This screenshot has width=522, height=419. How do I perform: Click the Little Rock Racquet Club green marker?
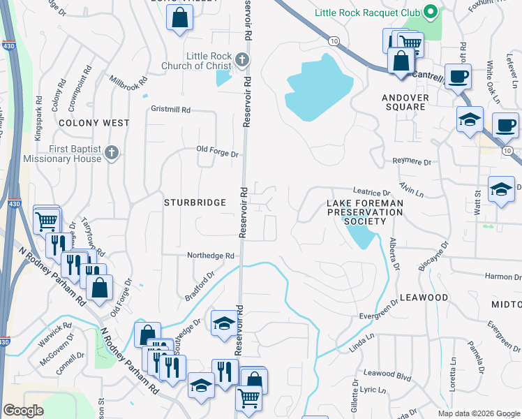click(x=431, y=13)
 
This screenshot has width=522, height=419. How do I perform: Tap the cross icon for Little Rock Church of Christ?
click(x=242, y=59)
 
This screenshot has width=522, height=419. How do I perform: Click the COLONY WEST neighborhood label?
click(x=94, y=123)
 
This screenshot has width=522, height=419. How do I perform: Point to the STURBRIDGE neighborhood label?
click(x=195, y=203)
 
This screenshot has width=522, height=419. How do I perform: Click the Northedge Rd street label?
click(x=210, y=256)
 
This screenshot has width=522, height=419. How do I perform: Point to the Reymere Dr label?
click(x=412, y=161)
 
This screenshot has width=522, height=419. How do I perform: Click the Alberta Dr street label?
click(x=394, y=256)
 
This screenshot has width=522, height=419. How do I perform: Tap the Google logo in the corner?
click(x=23, y=411)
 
